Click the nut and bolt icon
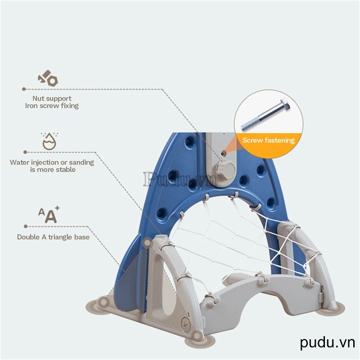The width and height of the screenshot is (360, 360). (48, 79)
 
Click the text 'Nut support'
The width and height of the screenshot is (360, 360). (52, 98)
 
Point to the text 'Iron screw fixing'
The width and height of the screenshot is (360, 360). (52, 106)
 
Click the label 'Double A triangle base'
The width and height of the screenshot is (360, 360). (53, 237)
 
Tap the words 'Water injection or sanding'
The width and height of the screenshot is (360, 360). (52, 162)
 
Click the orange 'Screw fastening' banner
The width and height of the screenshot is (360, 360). (269, 140)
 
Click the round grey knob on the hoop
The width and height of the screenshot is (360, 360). (227, 170)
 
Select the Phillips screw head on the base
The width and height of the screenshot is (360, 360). (185, 322)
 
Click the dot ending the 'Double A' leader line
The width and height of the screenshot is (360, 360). (24, 226)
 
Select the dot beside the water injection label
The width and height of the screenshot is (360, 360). (25, 152)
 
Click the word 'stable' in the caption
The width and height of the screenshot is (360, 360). (66, 170)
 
